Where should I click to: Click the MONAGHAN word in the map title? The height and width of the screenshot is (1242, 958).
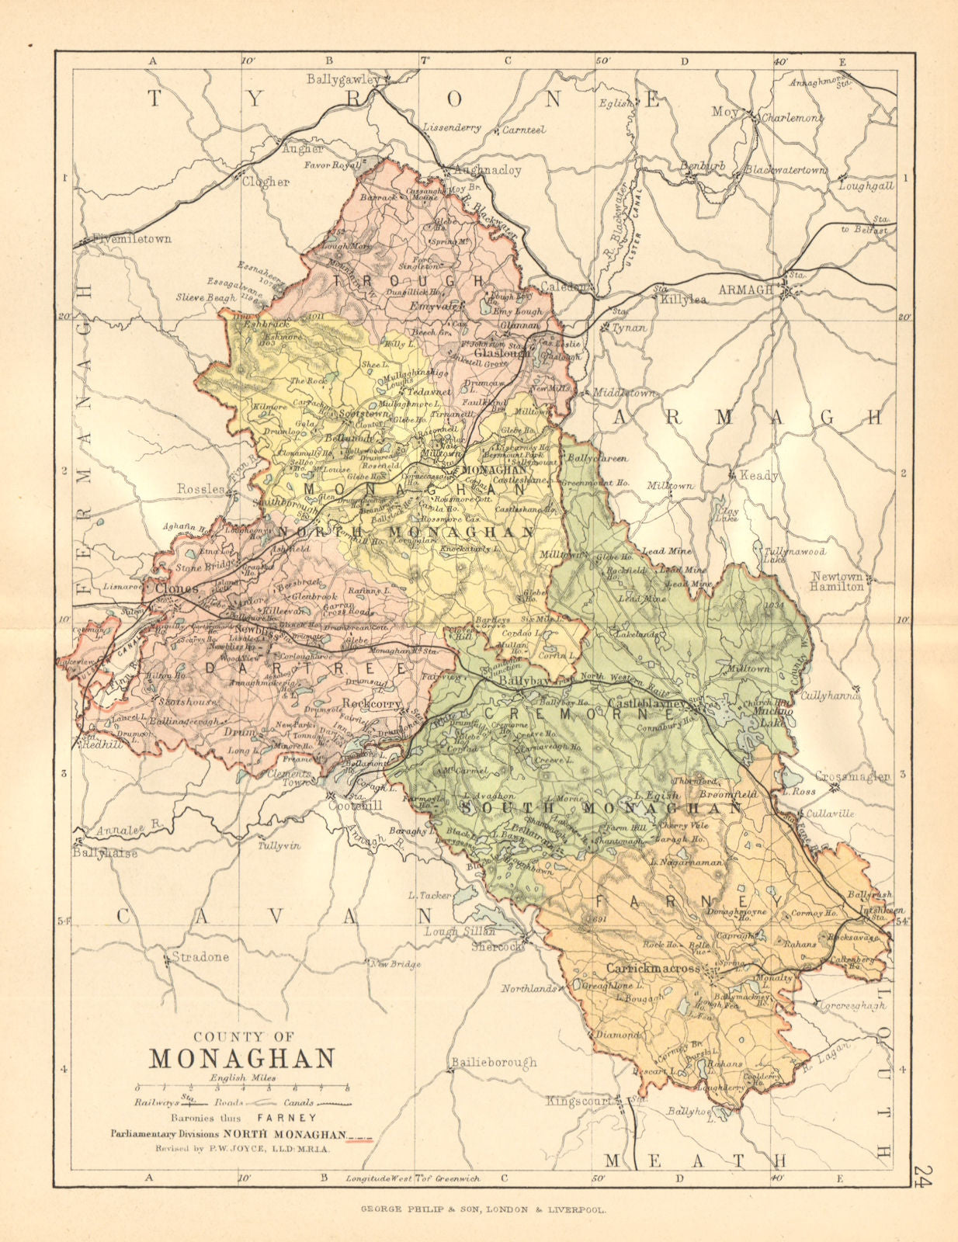point(241,1057)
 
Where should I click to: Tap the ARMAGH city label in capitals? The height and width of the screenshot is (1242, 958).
point(745,289)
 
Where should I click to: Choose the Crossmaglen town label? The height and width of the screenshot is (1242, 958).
point(852,776)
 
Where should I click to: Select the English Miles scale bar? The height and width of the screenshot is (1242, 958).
point(241,1088)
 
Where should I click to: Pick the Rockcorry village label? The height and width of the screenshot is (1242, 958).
point(371,703)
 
